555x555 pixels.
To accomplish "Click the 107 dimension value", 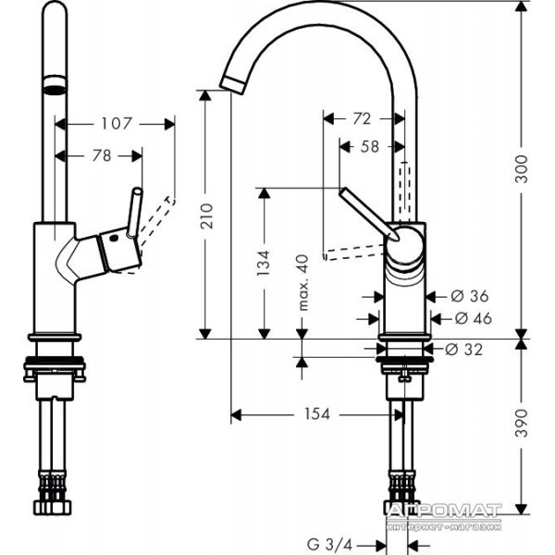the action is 117,124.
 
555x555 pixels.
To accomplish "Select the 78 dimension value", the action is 102,155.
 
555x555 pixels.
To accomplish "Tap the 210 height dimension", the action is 207,216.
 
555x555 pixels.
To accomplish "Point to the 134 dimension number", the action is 264,264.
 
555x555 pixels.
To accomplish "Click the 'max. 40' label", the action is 303,282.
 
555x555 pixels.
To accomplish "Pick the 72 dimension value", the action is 362,118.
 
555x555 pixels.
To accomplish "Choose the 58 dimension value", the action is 369,146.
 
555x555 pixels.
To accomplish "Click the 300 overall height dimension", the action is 521,169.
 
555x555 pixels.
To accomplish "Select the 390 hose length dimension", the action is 521,423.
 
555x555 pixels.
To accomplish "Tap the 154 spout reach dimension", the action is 317,413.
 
